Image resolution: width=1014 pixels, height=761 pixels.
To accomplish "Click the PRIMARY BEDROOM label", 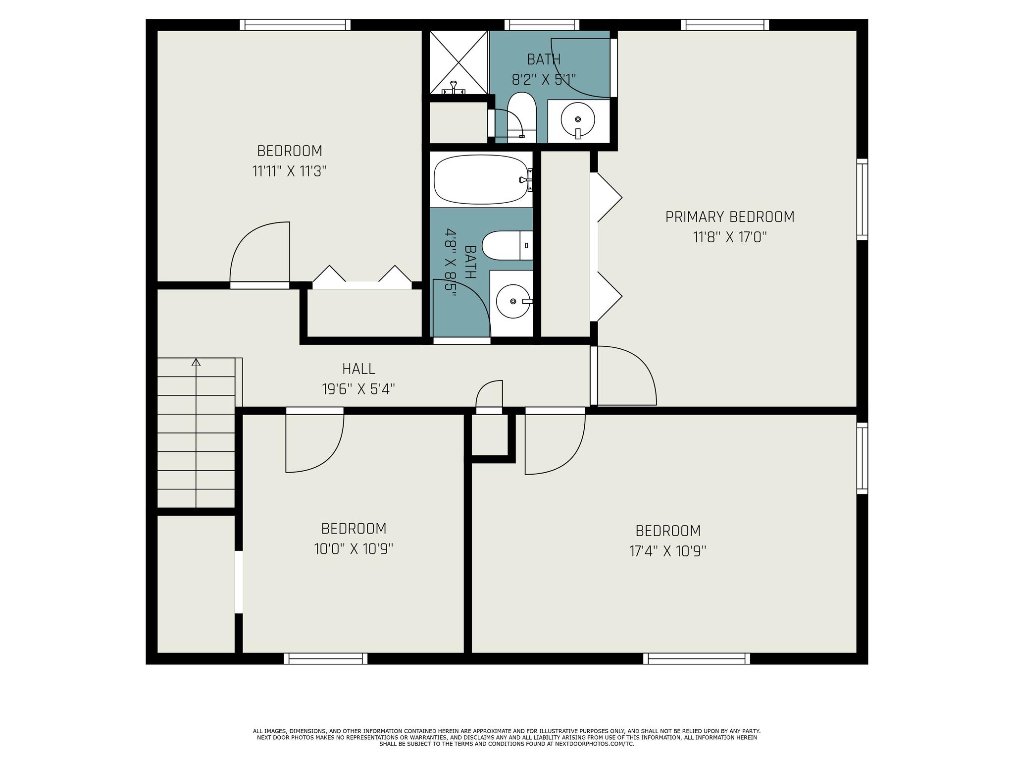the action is coord(730,217).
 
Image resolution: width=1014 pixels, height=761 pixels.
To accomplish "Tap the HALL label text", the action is coord(358,369).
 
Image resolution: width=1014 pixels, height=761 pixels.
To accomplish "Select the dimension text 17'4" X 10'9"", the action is coord(668,551).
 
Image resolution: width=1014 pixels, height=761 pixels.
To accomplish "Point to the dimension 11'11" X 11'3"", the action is coord(290,171).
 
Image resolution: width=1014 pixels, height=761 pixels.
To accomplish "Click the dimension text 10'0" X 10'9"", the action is coord(354,549).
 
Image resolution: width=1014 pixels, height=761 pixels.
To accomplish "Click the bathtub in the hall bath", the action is coord(481,179).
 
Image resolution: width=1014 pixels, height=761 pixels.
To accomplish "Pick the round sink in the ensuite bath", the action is coord(578,119).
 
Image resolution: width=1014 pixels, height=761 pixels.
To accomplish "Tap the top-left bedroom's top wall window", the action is coord(296,25).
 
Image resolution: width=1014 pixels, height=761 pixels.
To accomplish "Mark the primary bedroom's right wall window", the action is coord(862,200).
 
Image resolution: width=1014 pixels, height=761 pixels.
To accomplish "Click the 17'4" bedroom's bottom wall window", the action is coord(697,658).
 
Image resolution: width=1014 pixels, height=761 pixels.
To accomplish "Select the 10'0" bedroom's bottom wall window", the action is coord(326,658).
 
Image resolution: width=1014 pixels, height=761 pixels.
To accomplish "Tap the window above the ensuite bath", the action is coord(542,25).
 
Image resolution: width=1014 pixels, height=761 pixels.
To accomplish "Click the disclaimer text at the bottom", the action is coord(507,737).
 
